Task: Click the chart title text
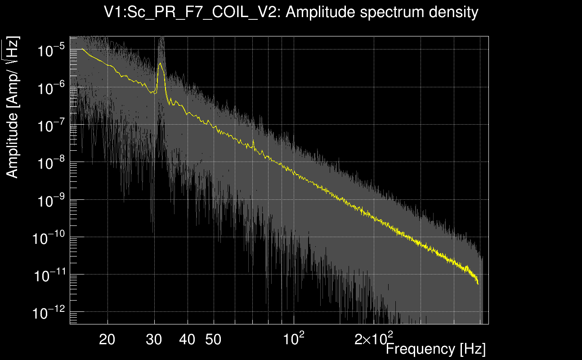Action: point(291,12)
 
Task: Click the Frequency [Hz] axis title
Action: point(435,348)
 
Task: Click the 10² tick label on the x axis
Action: point(293,338)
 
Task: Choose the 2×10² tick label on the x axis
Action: point(374,338)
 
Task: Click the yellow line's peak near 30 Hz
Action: point(160,63)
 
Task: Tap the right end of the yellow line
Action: point(478,284)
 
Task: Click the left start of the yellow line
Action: point(82,49)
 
